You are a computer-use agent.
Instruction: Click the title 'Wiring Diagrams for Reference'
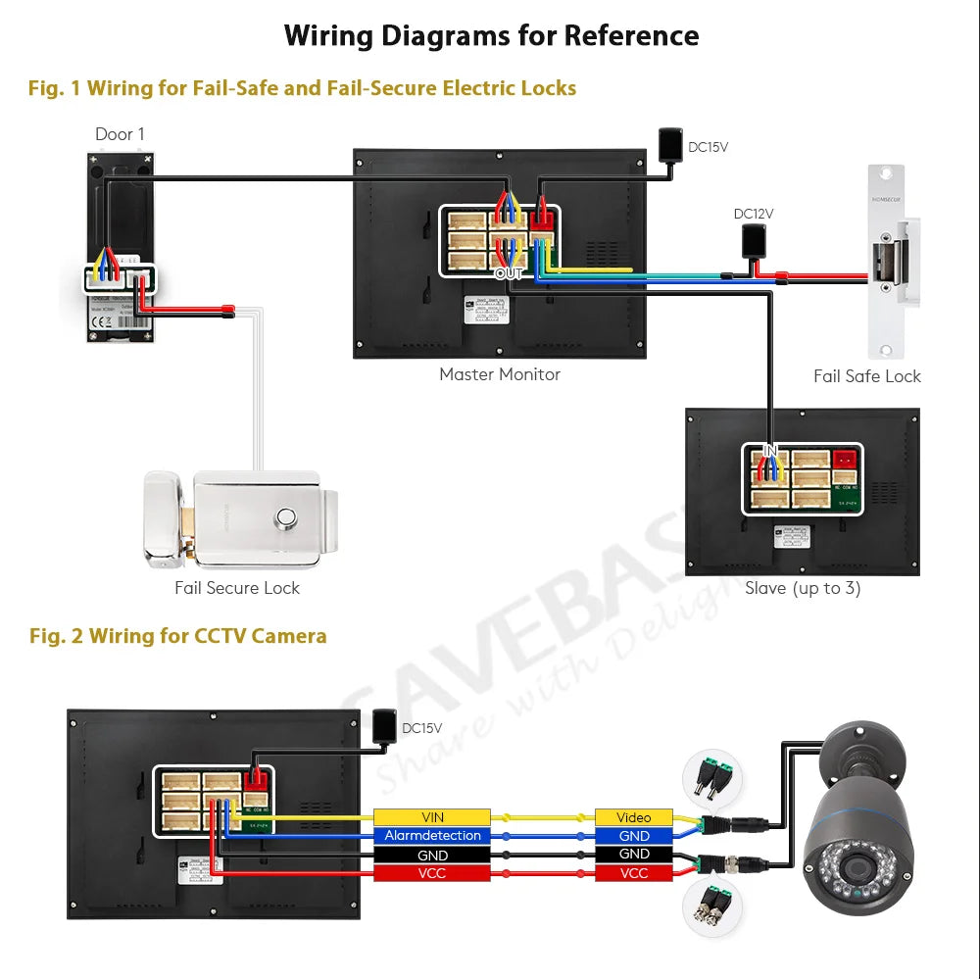point(491,36)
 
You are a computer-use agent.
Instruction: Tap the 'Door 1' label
point(120,134)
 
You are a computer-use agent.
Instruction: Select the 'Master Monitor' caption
point(500,373)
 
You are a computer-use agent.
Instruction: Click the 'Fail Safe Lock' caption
point(867,375)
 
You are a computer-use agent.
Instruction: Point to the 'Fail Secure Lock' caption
point(237,588)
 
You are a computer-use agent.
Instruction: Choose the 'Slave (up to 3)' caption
point(803,588)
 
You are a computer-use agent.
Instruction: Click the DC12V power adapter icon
point(754,239)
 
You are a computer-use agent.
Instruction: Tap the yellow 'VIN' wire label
point(432,817)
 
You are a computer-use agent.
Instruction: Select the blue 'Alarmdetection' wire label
point(432,836)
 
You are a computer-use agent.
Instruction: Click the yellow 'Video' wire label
point(634,817)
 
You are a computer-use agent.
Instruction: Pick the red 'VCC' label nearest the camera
point(634,873)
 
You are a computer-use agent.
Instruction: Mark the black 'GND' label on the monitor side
point(432,855)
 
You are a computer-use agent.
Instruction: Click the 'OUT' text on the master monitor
point(509,273)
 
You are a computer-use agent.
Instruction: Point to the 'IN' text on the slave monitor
point(771,451)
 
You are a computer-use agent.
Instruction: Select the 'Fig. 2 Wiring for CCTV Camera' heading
point(177,636)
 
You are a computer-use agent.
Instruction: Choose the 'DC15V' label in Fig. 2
point(421,728)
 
